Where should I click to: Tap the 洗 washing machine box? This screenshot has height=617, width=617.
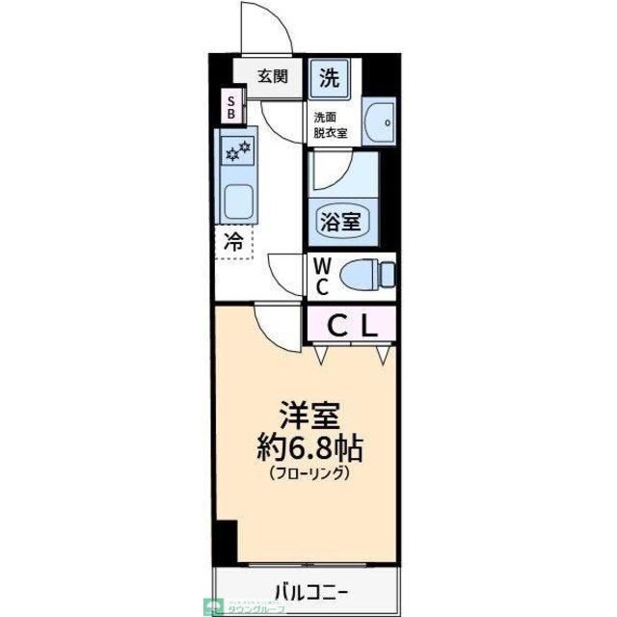(330, 78)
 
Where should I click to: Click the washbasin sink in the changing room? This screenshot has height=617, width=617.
(384, 121)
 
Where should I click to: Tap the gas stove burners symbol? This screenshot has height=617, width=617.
(236, 150)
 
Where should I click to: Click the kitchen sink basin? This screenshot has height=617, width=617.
(236, 201)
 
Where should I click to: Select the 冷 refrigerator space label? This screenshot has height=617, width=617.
(233, 242)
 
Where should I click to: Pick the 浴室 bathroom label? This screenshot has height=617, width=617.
(339, 221)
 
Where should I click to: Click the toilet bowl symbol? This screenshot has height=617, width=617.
(366, 275)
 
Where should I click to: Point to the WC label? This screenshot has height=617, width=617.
(322, 276)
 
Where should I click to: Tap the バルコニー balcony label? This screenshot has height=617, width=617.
(306, 589)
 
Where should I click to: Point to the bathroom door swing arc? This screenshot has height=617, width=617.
(328, 174)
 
